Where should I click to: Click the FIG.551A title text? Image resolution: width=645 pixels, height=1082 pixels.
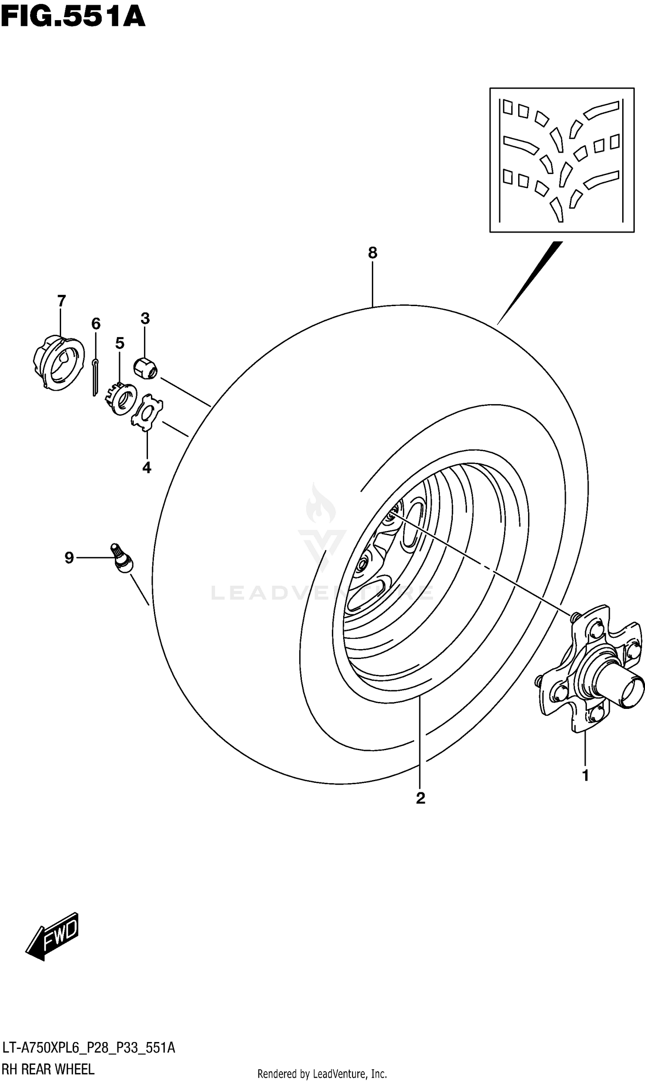pos(73,18)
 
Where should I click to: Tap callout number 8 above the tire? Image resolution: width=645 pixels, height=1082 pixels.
pos(372,252)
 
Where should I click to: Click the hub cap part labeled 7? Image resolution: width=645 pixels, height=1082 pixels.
pos(58,363)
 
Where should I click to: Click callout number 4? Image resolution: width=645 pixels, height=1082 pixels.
pos(147,468)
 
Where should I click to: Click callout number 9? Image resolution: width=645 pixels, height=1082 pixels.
pos(69,558)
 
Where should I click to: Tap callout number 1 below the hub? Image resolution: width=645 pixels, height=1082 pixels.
pos(586,775)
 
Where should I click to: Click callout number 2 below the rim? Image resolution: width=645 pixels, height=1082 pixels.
pos(420,798)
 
